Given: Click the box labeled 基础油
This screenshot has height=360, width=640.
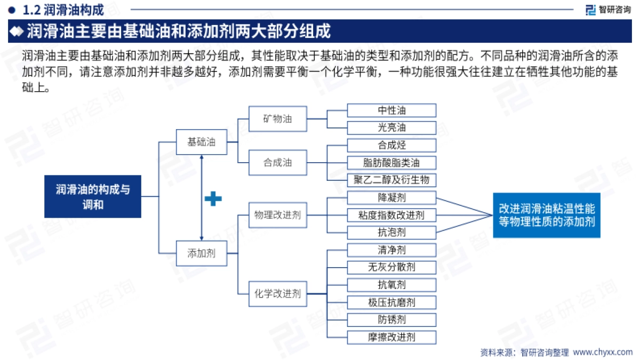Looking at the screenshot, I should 201,142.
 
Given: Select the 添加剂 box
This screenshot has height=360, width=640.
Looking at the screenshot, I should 201,253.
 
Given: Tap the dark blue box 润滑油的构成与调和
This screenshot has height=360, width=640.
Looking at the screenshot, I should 93,196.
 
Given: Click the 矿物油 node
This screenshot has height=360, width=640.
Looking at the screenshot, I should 277,118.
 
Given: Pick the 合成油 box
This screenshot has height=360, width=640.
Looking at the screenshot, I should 277,162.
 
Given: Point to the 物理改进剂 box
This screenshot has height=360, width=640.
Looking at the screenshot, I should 277,215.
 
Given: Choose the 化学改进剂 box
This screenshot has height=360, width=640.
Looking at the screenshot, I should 277,293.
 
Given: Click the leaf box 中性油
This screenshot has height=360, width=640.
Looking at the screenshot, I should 391,110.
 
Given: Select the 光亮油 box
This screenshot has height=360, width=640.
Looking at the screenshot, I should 391,127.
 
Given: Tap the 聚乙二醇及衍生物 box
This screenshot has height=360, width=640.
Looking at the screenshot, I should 391,180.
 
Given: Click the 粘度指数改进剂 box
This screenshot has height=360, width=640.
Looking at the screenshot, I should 391,215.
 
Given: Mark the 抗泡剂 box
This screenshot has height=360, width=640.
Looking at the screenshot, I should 391,233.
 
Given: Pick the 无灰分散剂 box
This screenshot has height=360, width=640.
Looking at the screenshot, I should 391,267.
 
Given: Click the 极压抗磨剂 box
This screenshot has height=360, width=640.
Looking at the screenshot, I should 391,302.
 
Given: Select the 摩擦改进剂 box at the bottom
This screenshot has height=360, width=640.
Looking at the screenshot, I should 391,337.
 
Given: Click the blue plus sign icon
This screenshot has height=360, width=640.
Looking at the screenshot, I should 213,199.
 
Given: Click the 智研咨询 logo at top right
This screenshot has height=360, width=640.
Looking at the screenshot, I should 607,9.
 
